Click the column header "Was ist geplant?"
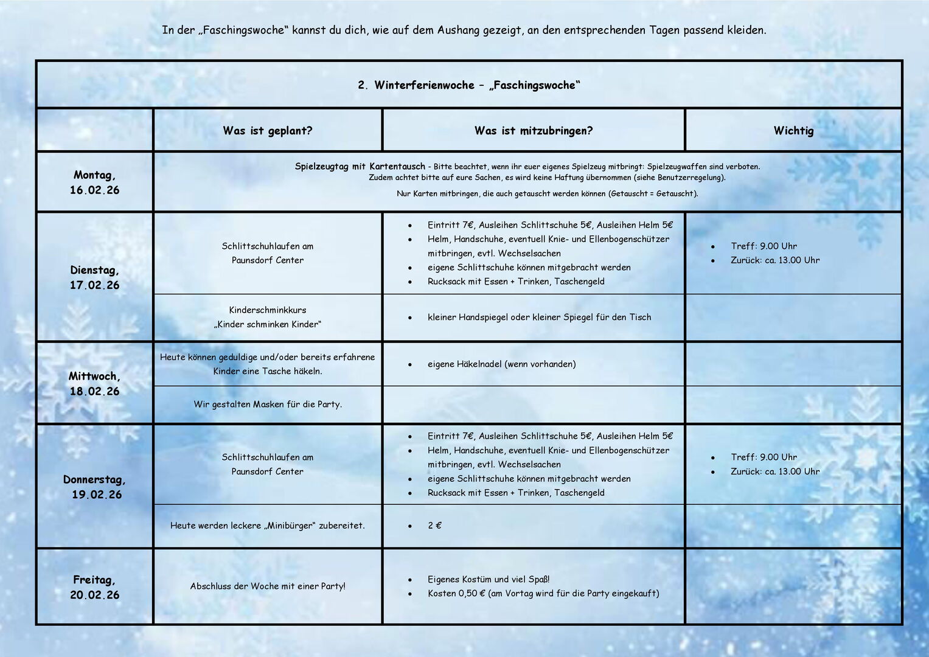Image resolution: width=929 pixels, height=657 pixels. tap(267, 131)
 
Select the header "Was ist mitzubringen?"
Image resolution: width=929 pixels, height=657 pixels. tap(534, 131)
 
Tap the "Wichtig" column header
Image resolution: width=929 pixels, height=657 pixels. tap(793, 131)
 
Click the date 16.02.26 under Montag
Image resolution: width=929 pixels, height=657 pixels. tap(94, 190)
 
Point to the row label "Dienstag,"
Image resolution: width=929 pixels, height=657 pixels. tap(94, 270)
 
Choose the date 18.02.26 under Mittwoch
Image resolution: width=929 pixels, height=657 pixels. tap(94, 392)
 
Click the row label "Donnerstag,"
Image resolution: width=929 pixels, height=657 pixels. tap(94, 480)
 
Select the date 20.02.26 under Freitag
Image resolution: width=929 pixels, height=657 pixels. tap(94, 596)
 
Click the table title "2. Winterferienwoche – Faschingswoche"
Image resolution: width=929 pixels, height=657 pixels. tap(469, 85)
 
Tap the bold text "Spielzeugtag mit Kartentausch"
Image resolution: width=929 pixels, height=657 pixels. tap(360, 167)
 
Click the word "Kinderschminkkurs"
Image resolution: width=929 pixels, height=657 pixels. tap(267, 310)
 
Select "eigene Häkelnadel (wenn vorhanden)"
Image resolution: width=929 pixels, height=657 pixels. tap(501, 364)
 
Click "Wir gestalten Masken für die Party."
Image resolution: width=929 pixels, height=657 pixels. tap(268, 405)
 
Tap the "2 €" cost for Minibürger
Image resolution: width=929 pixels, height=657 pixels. tap(434, 526)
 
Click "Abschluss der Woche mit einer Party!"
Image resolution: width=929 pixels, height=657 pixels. tap(268, 586)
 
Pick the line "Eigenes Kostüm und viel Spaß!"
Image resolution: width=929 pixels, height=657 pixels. tap(489, 580)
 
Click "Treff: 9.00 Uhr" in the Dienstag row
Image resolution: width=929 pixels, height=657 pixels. tap(764, 246)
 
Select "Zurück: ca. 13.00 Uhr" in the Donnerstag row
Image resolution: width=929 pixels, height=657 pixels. tap(775, 471)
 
